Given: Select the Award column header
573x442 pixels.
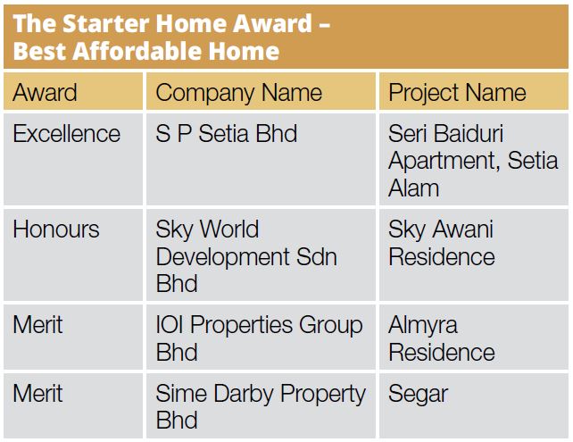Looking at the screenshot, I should (46, 93).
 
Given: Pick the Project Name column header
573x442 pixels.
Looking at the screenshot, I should (457, 93).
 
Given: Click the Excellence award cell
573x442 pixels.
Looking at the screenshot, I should (67, 134).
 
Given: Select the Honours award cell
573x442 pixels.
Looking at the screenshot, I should (56, 229).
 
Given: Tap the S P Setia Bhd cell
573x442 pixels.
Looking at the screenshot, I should (227, 134).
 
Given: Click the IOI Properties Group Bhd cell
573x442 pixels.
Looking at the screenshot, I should (259, 338).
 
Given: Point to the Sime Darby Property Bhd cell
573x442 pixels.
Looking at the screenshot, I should (261, 406).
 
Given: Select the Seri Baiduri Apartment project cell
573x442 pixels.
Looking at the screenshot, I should (473, 161).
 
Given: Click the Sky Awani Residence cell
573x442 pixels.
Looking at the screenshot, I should (441, 243).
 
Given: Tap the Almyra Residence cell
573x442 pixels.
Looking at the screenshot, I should (441, 338).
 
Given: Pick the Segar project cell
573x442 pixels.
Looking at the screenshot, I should (419, 394).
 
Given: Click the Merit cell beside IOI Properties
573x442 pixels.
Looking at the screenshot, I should (37, 325).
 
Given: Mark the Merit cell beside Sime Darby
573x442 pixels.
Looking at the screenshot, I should (37, 393).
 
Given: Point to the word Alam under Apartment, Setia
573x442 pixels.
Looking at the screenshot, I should (414, 188).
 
